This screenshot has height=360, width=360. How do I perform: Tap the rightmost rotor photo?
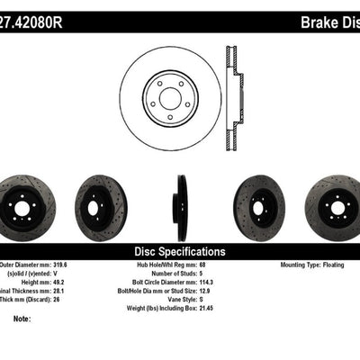tap(334, 202)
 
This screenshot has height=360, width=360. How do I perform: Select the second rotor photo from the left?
tap(101, 202)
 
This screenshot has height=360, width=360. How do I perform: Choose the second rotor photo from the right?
tap(259, 202)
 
